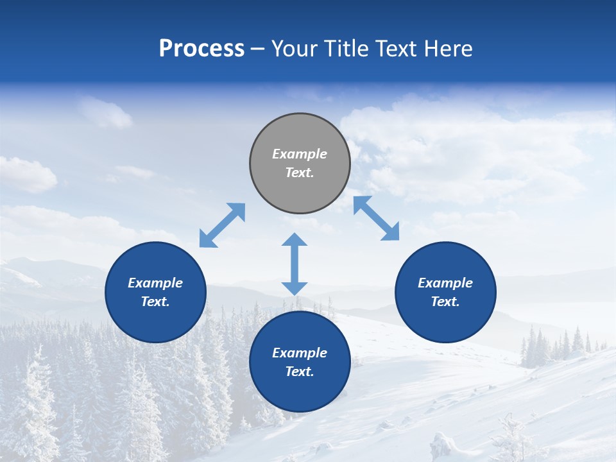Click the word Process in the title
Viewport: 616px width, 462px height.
(201, 49)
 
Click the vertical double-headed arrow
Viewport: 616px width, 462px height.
(295, 264)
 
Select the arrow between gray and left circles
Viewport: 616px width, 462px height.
(222, 225)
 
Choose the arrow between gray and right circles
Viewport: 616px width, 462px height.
(377, 218)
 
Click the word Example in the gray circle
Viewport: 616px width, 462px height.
(300, 154)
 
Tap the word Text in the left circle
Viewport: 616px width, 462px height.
(155, 302)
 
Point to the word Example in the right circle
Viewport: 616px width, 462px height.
(445, 283)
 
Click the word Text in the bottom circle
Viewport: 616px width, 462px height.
(300, 372)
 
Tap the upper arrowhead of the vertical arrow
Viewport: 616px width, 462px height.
(295, 240)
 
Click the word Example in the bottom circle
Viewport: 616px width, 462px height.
(300, 353)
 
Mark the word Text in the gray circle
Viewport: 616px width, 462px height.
(300, 173)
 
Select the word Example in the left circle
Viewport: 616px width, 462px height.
(155, 283)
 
